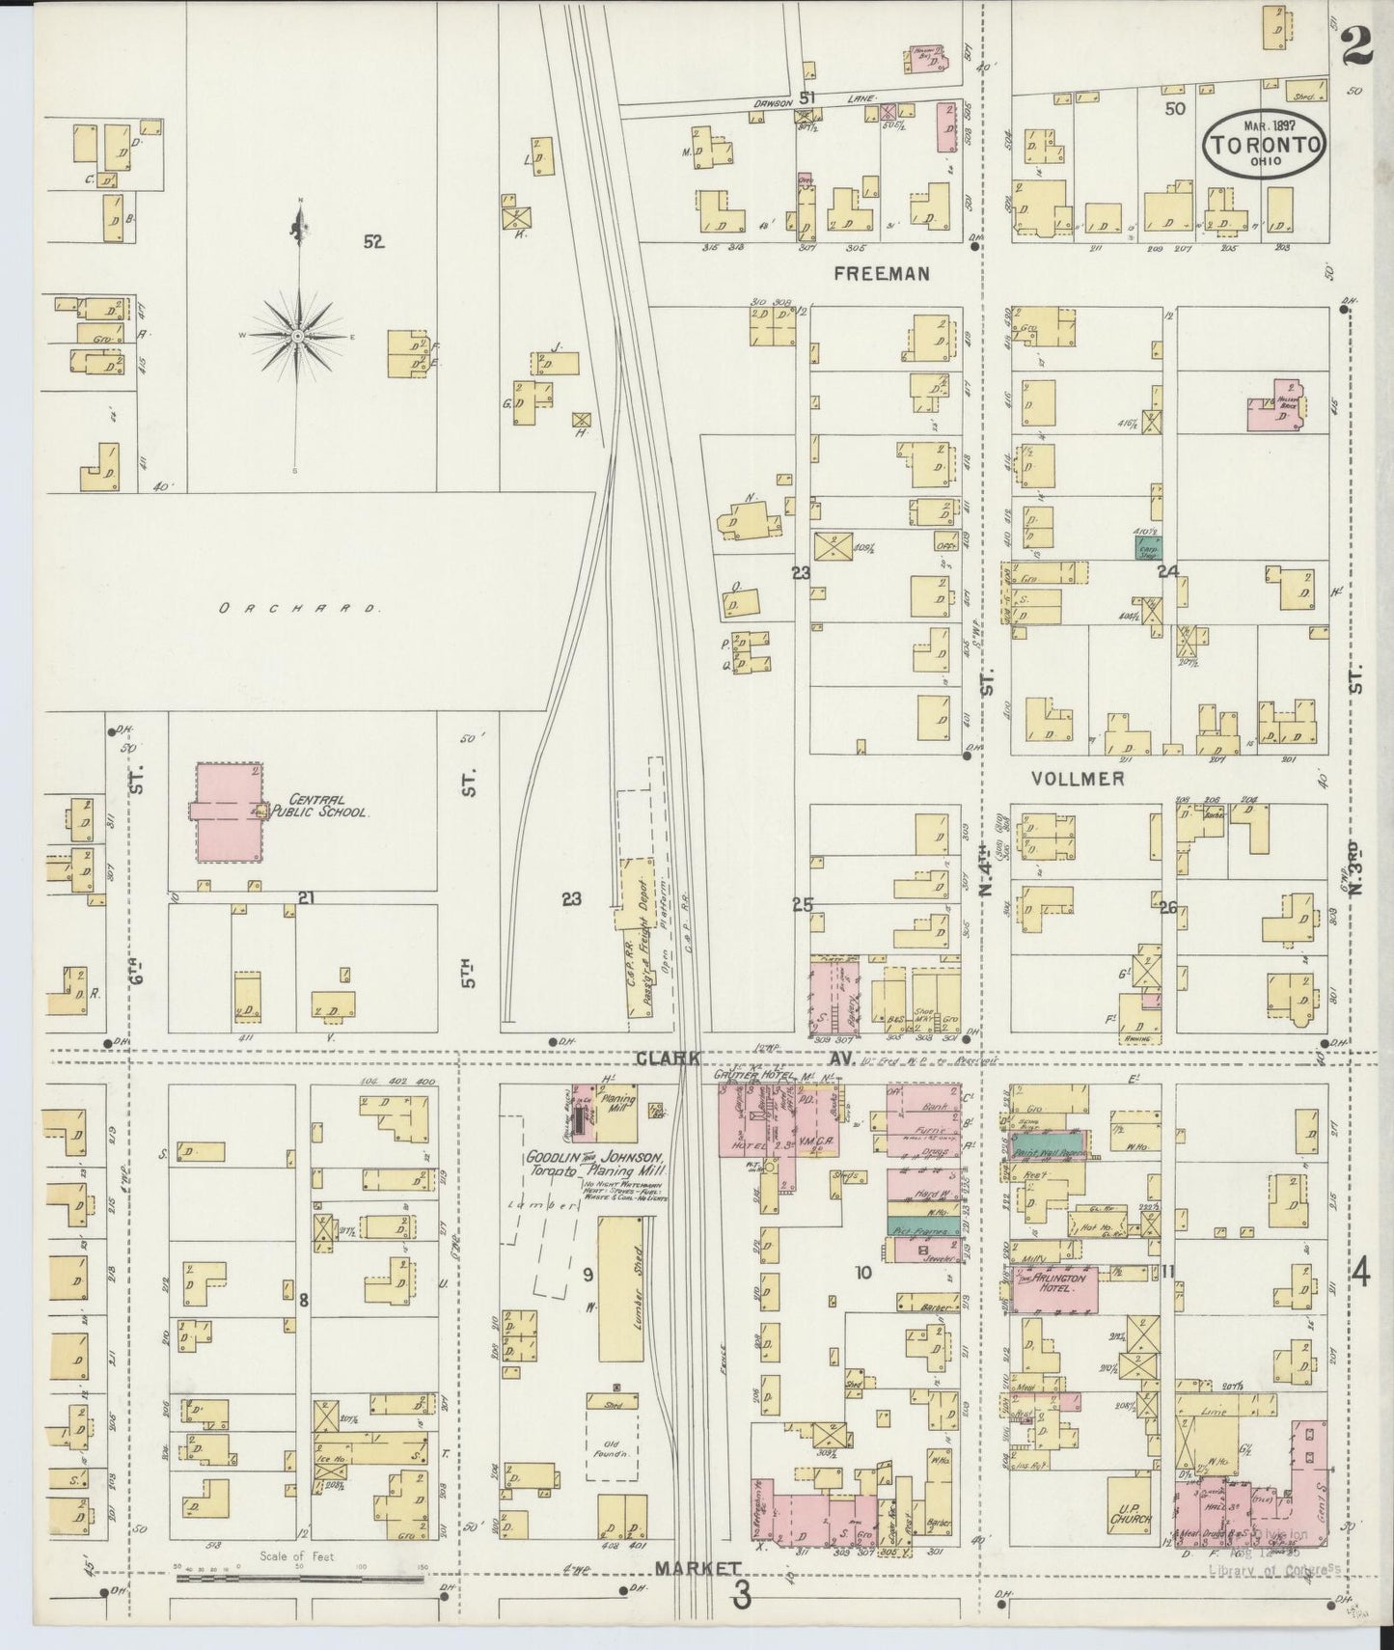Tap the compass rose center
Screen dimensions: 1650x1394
pos(299,335)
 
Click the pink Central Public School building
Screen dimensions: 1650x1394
pos(228,812)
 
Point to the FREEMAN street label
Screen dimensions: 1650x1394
pos(882,274)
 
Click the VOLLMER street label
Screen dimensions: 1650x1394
pos(1078,778)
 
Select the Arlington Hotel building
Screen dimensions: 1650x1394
pos(1054,1290)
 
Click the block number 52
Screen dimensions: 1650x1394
pos(373,242)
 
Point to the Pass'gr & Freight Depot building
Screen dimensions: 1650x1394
pos(639,940)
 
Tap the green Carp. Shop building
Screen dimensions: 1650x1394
pos(1148,546)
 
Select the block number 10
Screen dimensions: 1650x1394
pos(862,1273)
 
